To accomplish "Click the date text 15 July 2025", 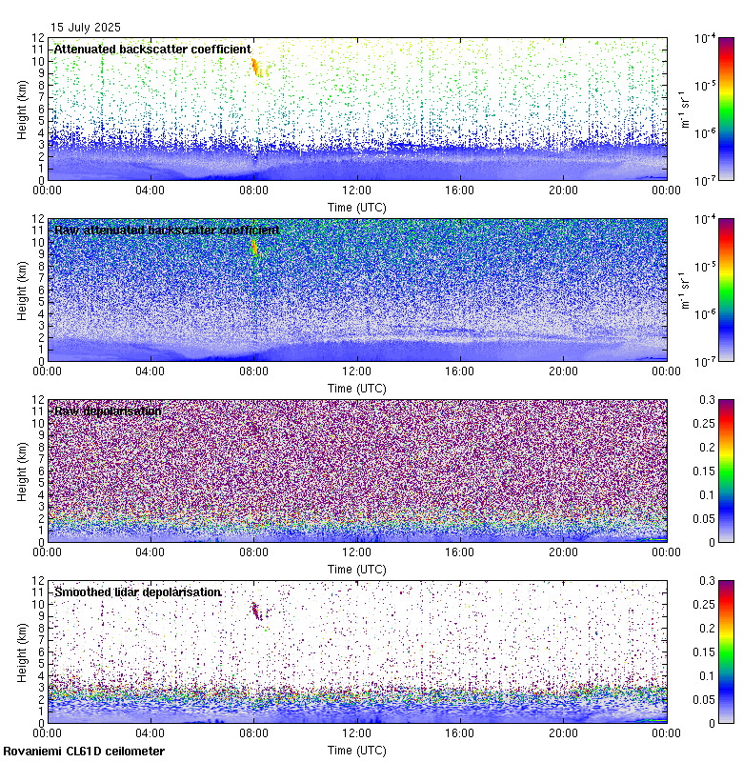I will (x=87, y=28).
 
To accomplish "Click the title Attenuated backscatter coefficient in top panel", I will (x=152, y=49).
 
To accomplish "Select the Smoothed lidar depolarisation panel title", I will (x=137, y=592).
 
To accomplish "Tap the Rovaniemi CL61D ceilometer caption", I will (x=83, y=752).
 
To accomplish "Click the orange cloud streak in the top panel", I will (x=256, y=68).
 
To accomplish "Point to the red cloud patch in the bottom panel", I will (x=255, y=611).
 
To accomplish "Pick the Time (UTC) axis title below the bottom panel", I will (x=357, y=751).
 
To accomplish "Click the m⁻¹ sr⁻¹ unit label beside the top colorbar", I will (x=683, y=109).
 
